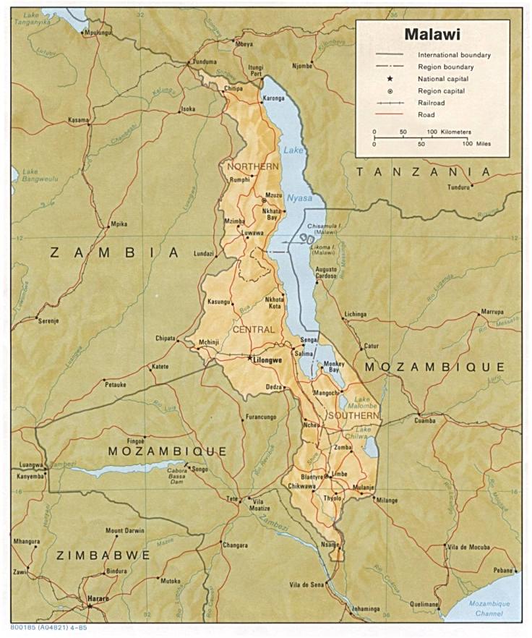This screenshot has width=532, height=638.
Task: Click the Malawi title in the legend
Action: [x=433, y=34]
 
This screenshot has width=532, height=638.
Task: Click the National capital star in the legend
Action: [x=390, y=78]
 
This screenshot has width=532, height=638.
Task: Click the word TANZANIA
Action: [x=424, y=171]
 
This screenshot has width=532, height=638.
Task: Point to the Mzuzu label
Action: [x=273, y=195]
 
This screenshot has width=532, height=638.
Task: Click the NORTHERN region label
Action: [x=252, y=166]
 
